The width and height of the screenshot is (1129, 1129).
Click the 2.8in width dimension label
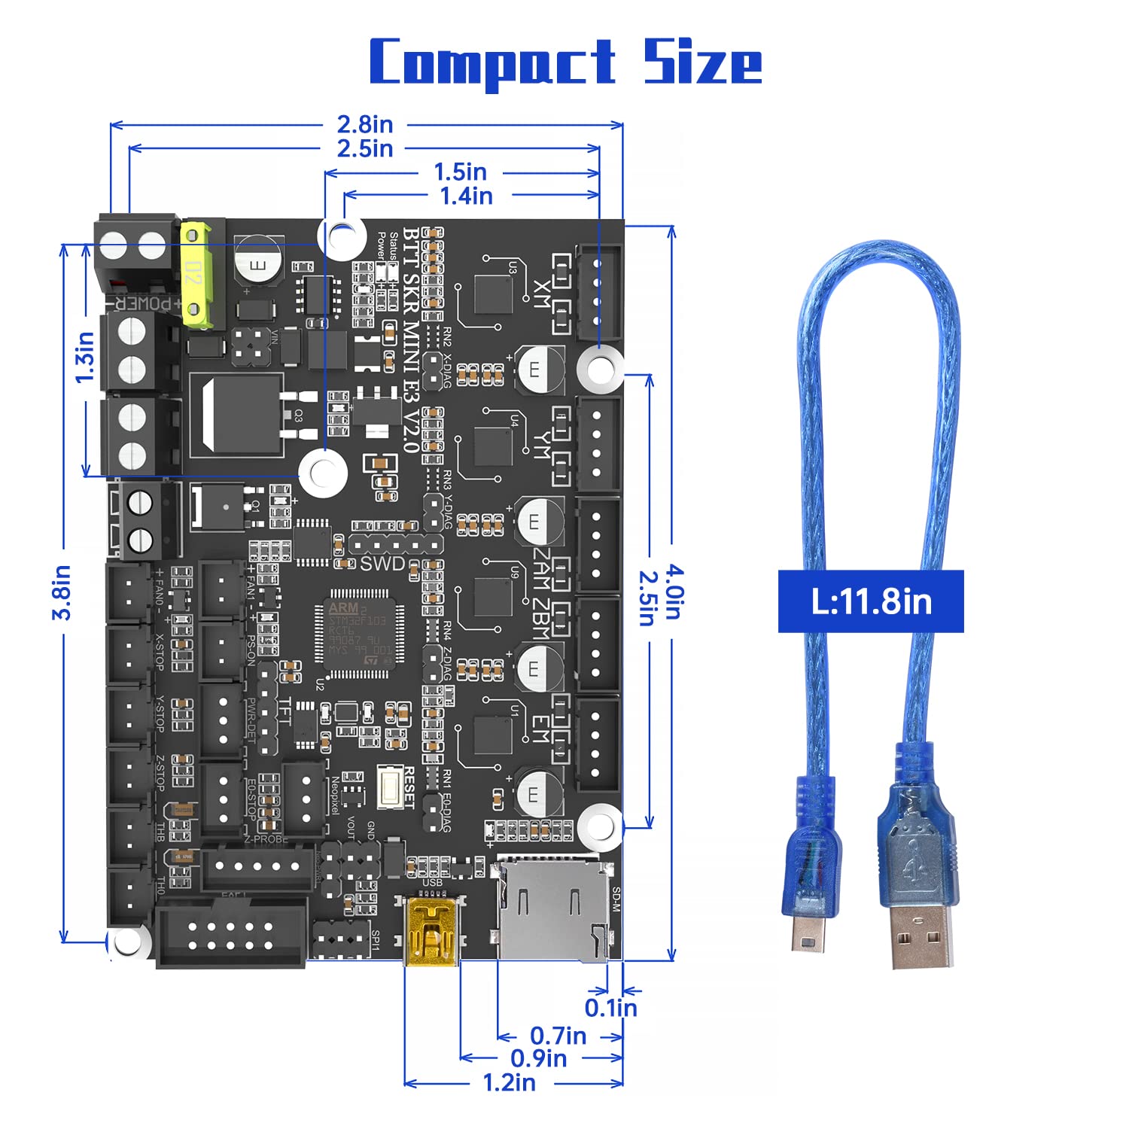[365, 124]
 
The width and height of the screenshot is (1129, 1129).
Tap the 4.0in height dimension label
[673, 592]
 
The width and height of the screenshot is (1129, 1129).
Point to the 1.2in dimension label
[509, 1082]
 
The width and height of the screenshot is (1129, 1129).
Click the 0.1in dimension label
[610, 1007]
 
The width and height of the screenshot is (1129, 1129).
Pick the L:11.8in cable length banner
[871, 601]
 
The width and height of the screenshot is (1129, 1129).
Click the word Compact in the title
[492, 62]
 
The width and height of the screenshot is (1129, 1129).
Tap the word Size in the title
[702, 62]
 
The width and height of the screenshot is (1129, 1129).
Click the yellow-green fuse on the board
[196, 274]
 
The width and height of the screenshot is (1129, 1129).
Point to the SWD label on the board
[382, 563]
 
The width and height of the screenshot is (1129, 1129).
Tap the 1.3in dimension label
[85, 357]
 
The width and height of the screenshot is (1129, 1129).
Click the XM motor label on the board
[540, 294]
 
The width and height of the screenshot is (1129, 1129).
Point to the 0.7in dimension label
[558, 1036]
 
